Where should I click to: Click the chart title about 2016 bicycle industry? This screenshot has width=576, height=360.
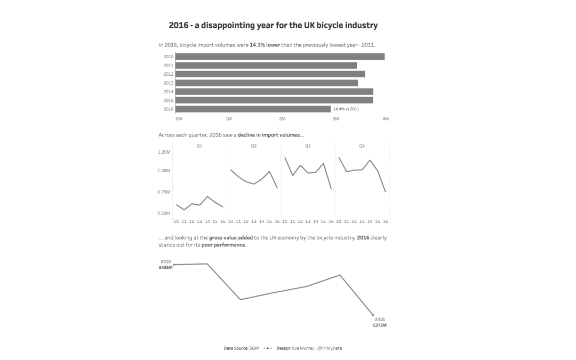[273, 25]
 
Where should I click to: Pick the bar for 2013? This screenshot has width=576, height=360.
[266, 83]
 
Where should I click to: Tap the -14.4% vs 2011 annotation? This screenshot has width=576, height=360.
[346, 109]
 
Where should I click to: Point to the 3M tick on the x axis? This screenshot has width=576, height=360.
[335, 118]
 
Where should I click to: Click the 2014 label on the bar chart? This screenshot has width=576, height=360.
[168, 92]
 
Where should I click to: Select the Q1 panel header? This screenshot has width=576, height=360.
[199, 146]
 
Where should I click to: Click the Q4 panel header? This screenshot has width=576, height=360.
[362, 146]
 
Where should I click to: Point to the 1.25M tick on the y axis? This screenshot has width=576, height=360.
[164, 152]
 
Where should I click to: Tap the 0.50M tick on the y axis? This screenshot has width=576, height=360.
[164, 213]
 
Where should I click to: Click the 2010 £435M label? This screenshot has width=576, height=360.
[166, 265]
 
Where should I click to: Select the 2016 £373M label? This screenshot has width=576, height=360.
[380, 322]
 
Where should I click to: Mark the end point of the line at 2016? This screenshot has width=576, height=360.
[373, 315]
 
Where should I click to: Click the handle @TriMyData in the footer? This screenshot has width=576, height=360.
[334, 348]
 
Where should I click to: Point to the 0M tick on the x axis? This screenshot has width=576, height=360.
[179, 118]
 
